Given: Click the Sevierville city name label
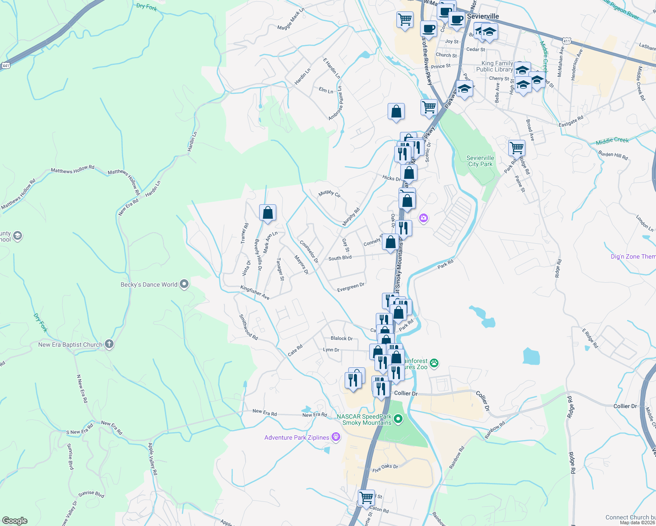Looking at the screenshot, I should click(483, 16).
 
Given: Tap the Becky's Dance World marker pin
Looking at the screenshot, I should click(185, 284).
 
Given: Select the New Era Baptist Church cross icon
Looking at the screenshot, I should click(109, 345).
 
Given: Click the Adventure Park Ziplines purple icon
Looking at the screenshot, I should click(336, 437).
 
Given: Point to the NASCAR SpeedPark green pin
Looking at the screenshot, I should click(398, 419).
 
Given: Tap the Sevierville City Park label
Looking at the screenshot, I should click(480, 161).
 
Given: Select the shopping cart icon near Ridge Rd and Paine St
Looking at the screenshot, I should click(517, 148).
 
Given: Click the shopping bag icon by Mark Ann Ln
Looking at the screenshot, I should click(267, 213).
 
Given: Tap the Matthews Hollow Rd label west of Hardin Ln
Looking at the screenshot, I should click(72, 170).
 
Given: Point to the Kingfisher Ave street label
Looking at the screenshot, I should click(255, 292).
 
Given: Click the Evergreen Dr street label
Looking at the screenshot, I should click(351, 288).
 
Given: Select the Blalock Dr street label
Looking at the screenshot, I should click(342, 338).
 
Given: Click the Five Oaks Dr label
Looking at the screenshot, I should click(385, 468).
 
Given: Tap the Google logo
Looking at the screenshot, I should click(15, 520).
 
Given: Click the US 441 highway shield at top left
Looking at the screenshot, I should click(6, 65).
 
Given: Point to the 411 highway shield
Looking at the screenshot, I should click(566, 41).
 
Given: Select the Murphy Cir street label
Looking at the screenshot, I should click(329, 193).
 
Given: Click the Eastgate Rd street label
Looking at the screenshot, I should click(571, 121).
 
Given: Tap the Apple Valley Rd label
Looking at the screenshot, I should click(152, 459).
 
